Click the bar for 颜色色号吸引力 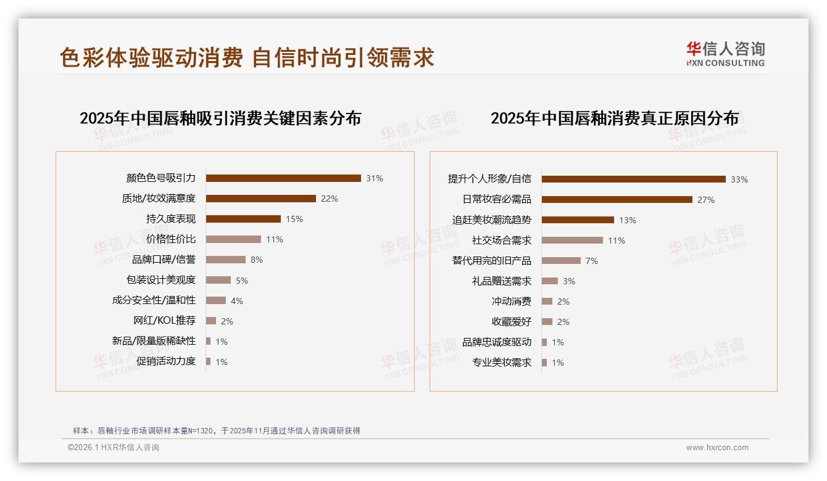(x=283, y=178)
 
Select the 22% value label (x=330, y=199)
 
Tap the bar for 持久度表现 (x=243, y=219)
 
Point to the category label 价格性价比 (x=171, y=239)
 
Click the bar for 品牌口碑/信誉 (x=225, y=260)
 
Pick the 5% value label (x=242, y=281)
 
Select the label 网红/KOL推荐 (x=165, y=321)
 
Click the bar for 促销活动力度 (x=209, y=361)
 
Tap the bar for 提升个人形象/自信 (x=633, y=179)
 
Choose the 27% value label (x=706, y=200)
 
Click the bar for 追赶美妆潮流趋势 (x=578, y=220)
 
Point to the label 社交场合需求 (x=502, y=240)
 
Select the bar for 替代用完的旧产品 (x=561, y=261)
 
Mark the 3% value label (x=569, y=281)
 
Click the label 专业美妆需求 (x=502, y=363)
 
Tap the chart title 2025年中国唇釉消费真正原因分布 (x=615, y=118)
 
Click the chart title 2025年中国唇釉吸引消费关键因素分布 (x=220, y=118)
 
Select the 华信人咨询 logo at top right (x=725, y=54)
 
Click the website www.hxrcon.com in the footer (x=717, y=448)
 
